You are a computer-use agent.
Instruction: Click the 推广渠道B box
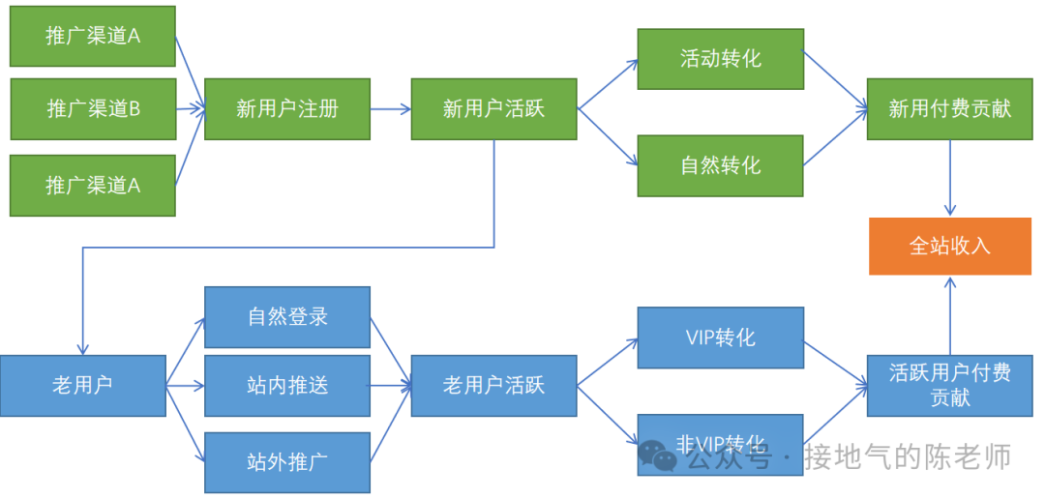[x=93, y=109]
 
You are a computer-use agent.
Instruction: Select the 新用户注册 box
[x=287, y=109]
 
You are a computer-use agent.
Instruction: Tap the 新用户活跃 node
[x=493, y=109]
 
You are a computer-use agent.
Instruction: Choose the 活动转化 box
[x=720, y=59]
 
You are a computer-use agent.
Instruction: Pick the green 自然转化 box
[x=720, y=165]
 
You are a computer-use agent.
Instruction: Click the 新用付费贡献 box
[x=949, y=109]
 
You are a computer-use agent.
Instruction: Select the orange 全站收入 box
[x=949, y=246]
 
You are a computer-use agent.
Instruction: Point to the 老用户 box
[x=82, y=386]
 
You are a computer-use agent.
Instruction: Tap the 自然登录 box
[x=287, y=316]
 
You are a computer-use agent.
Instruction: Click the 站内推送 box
[x=287, y=386]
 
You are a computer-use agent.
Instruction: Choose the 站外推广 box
[x=287, y=461]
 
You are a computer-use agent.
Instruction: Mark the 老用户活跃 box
[x=493, y=386]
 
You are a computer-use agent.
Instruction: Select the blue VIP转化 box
[x=720, y=338]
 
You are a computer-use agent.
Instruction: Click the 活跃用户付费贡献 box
[x=949, y=386]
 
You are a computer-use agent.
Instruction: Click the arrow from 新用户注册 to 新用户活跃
[x=390, y=109]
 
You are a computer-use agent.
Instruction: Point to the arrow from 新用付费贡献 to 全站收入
[x=949, y=178]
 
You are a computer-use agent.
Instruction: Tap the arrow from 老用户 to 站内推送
[x=185, y=386]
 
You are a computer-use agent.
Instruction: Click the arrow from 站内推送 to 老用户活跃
[x=390, y=386]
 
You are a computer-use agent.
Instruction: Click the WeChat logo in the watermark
[x=658, y=456]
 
